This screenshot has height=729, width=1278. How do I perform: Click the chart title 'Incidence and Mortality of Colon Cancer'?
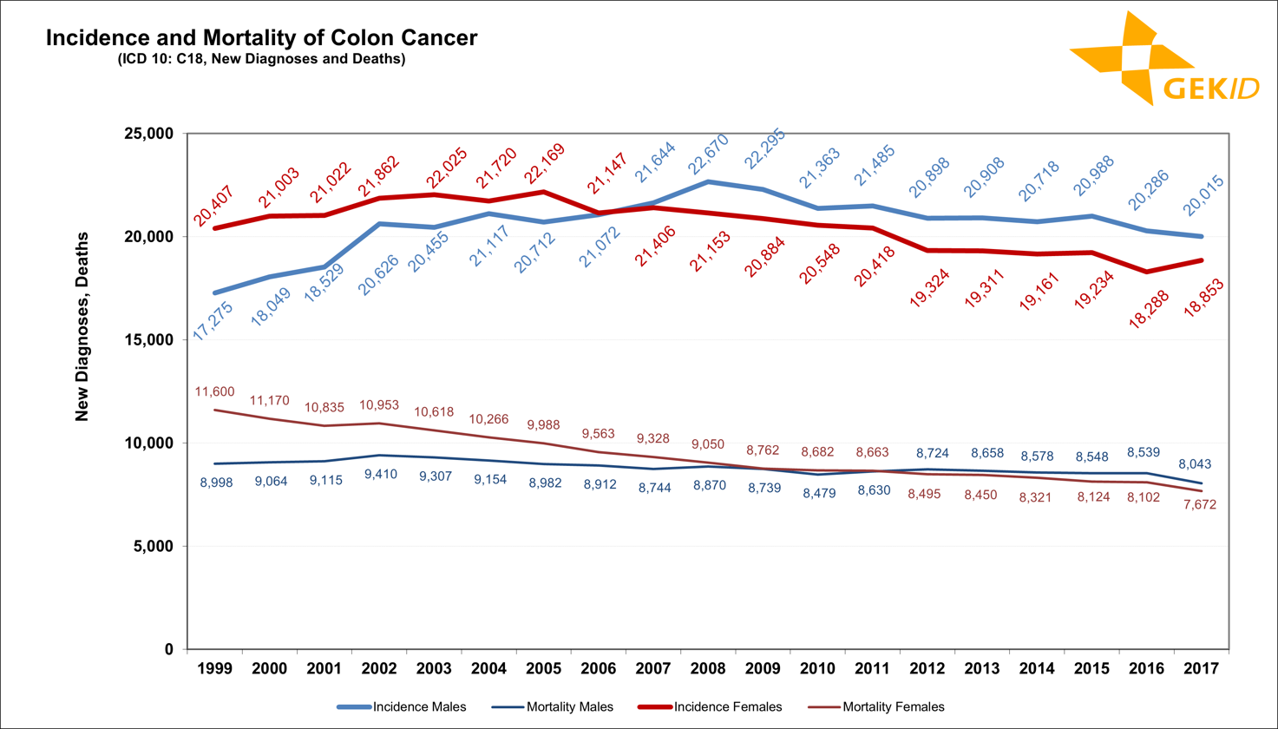(260, 39)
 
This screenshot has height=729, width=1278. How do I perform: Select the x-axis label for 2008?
(708, 669)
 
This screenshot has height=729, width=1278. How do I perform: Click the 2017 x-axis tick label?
(1202, 669)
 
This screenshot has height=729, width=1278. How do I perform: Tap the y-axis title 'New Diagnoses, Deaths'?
(82, 325)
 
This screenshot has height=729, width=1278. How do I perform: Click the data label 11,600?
(214, 392)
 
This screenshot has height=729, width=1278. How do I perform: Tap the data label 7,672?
(1201, 504)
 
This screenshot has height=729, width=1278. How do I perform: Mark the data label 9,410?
(379, 475)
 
